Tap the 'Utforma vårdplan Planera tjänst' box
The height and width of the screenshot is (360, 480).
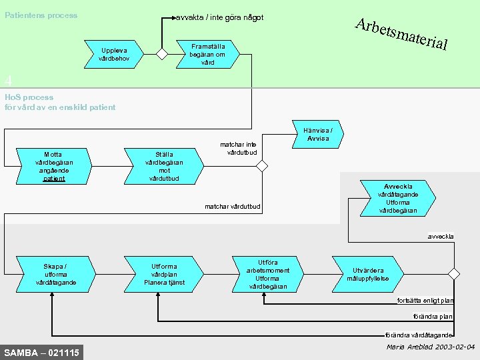click(164, 274)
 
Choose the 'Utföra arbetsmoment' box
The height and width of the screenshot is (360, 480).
click(267, 274)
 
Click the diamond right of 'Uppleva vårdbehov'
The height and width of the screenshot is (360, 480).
click(161, 54)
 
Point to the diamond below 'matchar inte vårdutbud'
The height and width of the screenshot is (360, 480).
click(263, 166)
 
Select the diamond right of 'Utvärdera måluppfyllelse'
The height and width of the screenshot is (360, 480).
click(454, 274)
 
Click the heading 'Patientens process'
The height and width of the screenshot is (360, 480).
click(41, 15)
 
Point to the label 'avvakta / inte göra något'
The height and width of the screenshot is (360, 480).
click(220, 17)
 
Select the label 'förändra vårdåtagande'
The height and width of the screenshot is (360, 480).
click(419, 335)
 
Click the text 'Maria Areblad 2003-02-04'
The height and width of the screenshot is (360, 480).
click(431, 347)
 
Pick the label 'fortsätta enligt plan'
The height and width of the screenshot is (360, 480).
click(425, 300)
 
